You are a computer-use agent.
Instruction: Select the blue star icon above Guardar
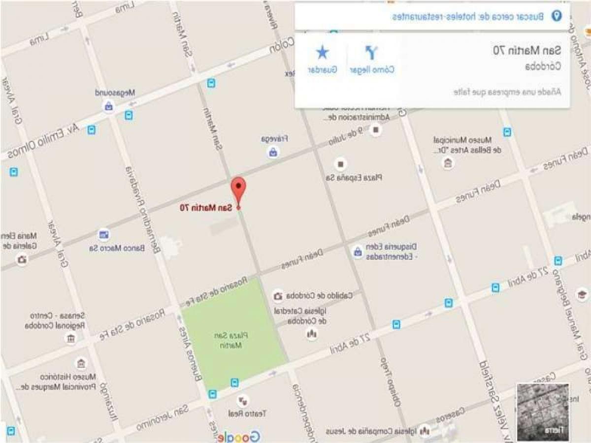click(x=323, y=52)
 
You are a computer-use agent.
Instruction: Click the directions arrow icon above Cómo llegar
click(x=372, y=52)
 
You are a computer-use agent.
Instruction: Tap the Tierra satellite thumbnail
click(x=543, y=412)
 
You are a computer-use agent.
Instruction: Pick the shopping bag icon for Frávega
click(x=273, y=153)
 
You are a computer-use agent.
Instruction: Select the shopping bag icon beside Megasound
click(x=108, y=106)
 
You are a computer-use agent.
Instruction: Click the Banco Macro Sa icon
click(x=104, y=234)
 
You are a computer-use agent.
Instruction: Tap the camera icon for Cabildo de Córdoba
click(x=278, y=296)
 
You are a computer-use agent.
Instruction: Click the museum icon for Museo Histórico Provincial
click(x=81, y=364)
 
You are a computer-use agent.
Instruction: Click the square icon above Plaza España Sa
click(x=340, y=164)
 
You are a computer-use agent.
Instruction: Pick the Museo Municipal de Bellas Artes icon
click(x=448, y=163)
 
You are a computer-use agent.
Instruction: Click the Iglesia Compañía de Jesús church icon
click(x=424, y=431)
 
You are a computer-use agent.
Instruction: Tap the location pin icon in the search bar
click(x=557, y=17)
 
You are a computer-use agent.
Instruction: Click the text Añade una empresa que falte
click(x=507, y=92)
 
